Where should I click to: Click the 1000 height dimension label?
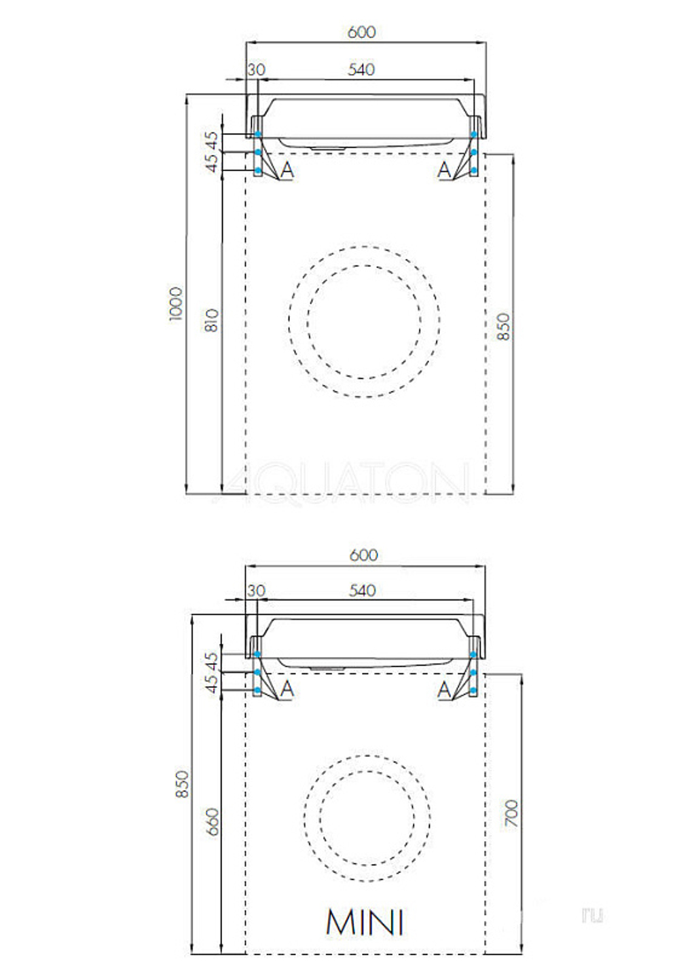coord(176,303)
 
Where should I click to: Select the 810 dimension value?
coord(212,320)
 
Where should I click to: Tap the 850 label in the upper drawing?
coord(503,327)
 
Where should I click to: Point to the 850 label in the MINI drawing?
coord(182,784)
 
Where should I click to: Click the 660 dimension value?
coord(213,821)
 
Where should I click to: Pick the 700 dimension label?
coord(511,813)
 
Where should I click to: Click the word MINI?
coord(365,922)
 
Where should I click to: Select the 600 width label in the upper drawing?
coord(361,32)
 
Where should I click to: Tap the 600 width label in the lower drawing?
coord(363,555)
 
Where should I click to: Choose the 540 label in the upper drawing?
coord(361,69)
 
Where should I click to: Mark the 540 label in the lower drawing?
coord(362,591)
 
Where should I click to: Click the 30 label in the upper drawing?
coord(257,69)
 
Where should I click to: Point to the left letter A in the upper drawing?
coord(287,170)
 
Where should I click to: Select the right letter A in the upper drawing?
coord(444,170)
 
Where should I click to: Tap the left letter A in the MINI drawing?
coord(287,690)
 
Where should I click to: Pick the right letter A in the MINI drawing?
coord(444,690)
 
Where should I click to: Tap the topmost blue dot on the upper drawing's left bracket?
coord(258,134)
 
